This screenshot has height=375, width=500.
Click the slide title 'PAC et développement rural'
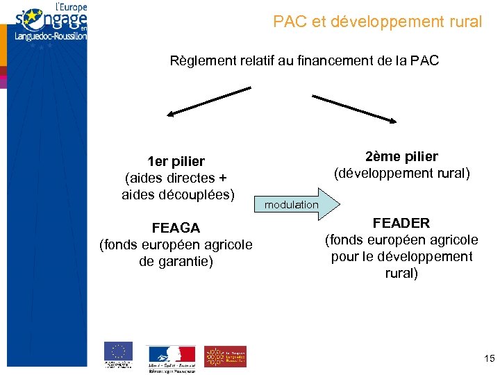(377, 22)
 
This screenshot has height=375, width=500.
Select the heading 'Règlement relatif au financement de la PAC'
(304, 61)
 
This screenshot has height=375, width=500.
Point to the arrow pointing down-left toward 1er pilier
(208, 101)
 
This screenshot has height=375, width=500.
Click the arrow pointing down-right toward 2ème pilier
(354, 109)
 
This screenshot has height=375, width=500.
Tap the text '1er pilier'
(176, 161)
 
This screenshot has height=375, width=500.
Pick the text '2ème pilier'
(401, 156)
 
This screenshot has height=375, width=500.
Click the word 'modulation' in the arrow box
(292, 205)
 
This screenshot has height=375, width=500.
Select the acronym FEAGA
(176, 228)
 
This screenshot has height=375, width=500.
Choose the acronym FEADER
(401, 223)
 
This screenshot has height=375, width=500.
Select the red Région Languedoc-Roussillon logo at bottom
(225, 356)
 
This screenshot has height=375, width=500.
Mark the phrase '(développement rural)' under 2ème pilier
(401, 173)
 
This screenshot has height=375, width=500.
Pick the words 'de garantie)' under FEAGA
(176, 261)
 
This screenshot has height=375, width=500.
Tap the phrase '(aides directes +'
(176, 178)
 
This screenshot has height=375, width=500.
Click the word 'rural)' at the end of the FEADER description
(401, 273)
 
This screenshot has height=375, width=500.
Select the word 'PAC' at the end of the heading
(425, 61)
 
